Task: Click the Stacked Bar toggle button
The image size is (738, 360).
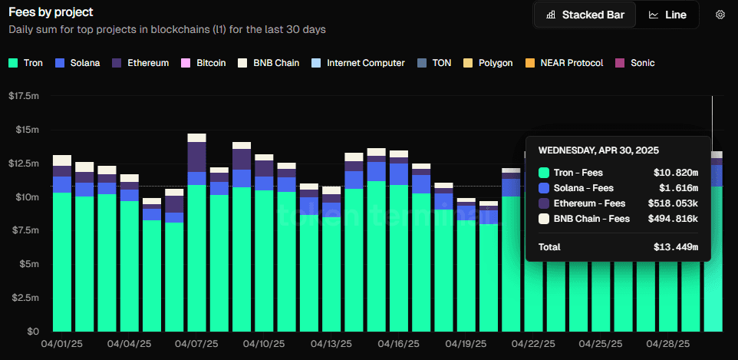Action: (585, 15)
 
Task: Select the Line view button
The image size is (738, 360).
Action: (667, 15)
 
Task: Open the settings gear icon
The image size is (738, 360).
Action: (720, 15)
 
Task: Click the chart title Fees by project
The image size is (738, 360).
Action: (51, 12)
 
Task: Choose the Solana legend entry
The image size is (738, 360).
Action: (77, 63)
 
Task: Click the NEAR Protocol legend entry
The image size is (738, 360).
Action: (565, 63)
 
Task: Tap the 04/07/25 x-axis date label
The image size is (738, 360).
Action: (196, 345)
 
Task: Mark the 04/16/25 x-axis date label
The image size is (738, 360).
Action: (398, 345)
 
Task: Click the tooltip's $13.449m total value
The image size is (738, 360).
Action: (680, 247)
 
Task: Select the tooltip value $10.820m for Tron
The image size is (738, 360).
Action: (680, 173)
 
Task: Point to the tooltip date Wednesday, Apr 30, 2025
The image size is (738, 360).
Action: (598, 150)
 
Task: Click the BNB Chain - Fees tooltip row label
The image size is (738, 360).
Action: (591, 219)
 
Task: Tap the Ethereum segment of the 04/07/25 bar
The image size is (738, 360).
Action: (196, 157)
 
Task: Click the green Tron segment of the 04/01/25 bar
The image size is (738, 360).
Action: (62, 261)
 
